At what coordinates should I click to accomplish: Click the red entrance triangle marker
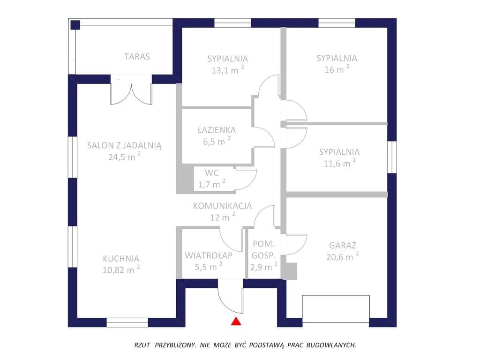tap(236, 321)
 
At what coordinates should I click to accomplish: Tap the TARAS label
tap(137, 57)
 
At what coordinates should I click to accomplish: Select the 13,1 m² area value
tap(228, 69)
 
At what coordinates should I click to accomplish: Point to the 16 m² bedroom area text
tap(337, 69)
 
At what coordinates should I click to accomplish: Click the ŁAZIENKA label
tap(217, 129)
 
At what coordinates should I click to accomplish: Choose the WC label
tap(212, 173)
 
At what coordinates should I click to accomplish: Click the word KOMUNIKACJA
tap(222, 206)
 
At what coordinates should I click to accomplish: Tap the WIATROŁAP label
tap(209, 255)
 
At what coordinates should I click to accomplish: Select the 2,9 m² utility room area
tap(263, 267)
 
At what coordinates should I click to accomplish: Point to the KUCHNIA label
tap(121, 259)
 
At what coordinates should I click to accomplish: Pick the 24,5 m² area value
tap(124, 157)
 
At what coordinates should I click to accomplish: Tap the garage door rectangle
tap(336, 308)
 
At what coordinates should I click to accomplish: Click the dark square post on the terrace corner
tap(75, 25)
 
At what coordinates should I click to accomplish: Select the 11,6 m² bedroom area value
tap(339, 163)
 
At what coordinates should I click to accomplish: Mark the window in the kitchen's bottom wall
tap(127, 322)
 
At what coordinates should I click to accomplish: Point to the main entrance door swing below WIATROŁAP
tap(231, 296)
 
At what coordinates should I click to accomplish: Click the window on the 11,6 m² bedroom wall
tap(392, 157)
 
